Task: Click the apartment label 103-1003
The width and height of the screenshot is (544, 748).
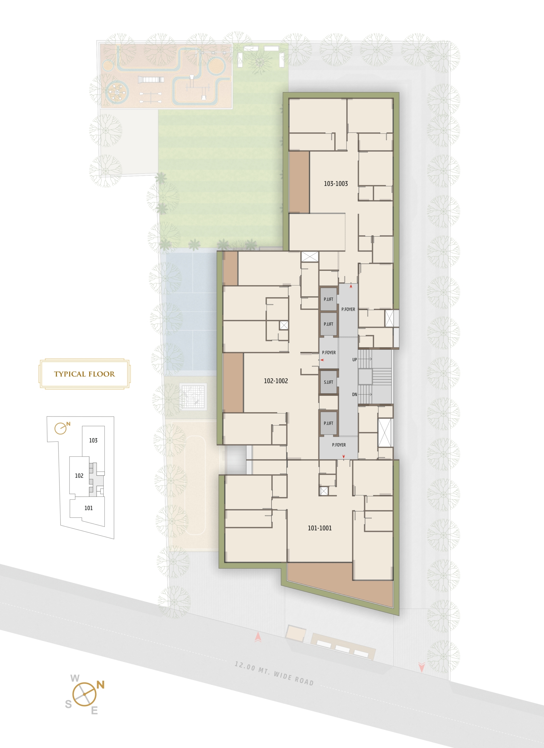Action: pos(336,184)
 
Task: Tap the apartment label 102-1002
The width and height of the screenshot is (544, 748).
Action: pos(276,381)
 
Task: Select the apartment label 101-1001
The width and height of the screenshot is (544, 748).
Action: pos(320,528)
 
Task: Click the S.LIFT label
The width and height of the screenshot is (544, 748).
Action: pos(328,382)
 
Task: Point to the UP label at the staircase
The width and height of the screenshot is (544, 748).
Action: pos(354,359)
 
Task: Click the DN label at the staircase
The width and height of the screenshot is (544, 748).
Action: pos(354,394)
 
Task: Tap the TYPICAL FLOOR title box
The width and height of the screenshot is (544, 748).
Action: pos(84,374)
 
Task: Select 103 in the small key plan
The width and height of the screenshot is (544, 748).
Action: pos(93,440)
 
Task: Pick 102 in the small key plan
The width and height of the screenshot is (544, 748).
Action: pos(79,476)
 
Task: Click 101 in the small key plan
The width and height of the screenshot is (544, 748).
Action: pos(88,508)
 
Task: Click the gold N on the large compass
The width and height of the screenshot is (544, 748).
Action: pos(101,685)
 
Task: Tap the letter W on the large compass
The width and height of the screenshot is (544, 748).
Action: pos(75,678)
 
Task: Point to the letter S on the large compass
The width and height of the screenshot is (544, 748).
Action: pos(68,704)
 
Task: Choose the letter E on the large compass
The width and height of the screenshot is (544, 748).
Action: pos(94,711)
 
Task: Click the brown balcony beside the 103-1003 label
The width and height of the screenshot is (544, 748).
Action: pos(299,182)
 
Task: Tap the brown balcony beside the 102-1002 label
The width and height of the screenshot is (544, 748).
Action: pos(233,382)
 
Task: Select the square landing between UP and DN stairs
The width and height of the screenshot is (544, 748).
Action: pos(365,377)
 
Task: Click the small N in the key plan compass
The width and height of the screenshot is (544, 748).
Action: pos(68,424)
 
